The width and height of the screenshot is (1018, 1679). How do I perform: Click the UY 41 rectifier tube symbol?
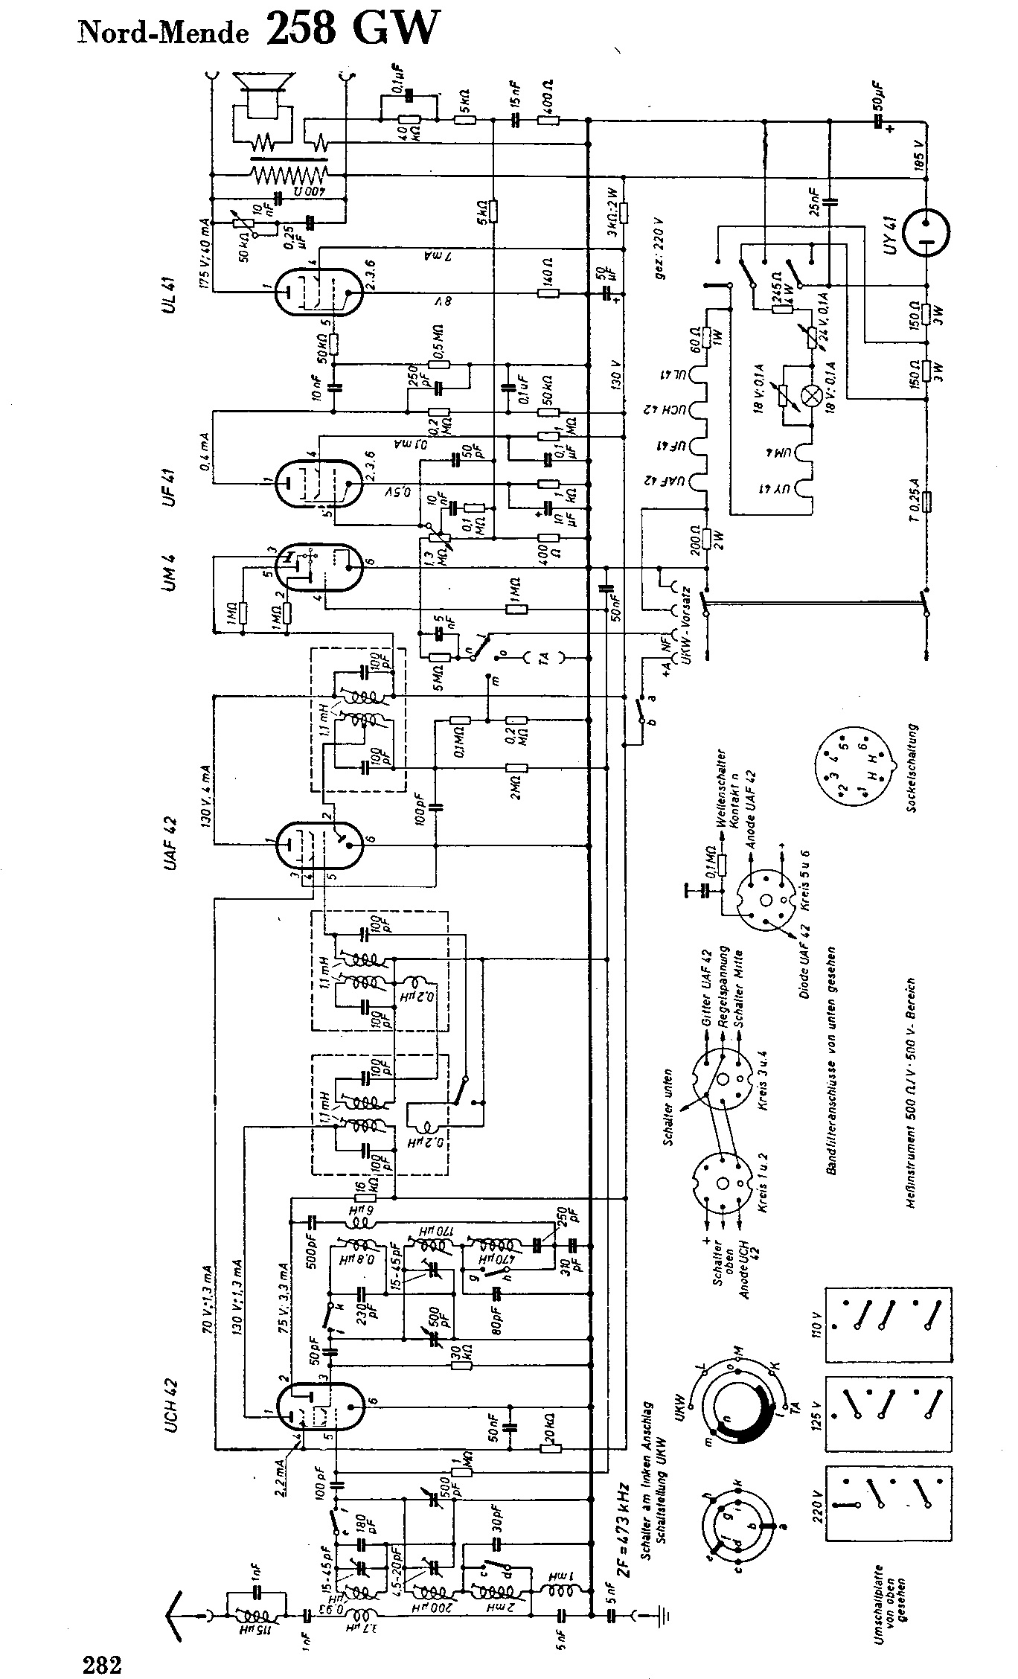(926, 232)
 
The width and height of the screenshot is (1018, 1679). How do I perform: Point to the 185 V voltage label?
(920, 157)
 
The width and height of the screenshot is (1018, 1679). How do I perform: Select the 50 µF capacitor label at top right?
(880, 95)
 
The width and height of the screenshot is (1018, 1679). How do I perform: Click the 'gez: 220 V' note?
(658, 250)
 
